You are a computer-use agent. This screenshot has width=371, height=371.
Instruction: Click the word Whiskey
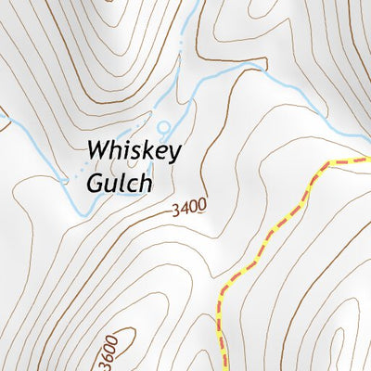[134, 152]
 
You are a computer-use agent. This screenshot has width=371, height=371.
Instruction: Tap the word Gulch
[119, 183]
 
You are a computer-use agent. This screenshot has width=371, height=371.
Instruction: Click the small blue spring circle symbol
[164, 127]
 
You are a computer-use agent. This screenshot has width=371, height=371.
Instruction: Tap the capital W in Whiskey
[98, 149]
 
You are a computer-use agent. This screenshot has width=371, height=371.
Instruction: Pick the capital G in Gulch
[94, 183]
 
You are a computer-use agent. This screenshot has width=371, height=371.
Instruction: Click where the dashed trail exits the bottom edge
[224, 368]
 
